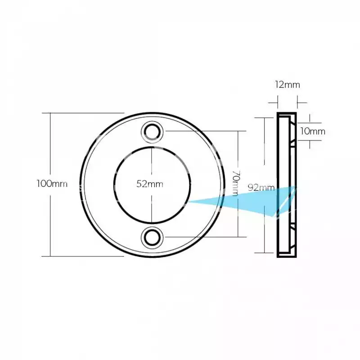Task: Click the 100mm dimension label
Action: (x=52, y=184)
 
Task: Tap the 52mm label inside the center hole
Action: (x=150, y=184)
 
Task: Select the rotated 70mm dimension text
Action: (x=236, y=183)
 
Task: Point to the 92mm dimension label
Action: (x=261, y=188)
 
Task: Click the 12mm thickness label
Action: (x=288, y=85)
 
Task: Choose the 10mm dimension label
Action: (x=313, y=131)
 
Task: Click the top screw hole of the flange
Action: (x=152, y=132)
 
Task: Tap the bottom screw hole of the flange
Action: (x=152, y=238)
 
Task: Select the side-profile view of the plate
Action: (x=287, y=185)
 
